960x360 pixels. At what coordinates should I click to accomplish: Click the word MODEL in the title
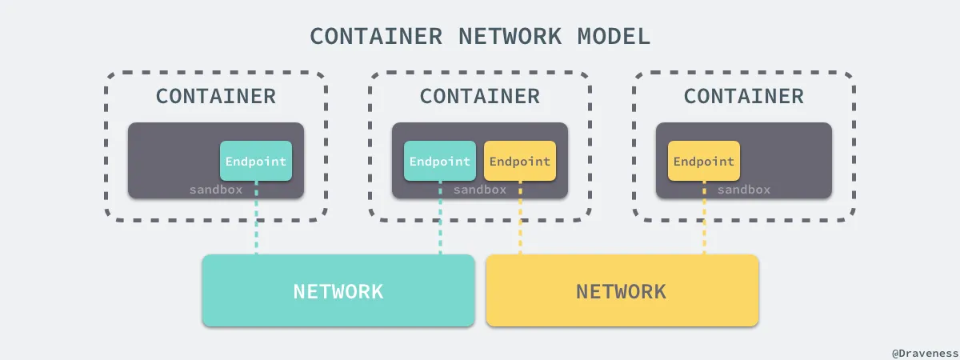pyautogui.click(x=614, y=37)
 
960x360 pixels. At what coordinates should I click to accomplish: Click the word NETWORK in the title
pyautogui.click(x=510, y=37)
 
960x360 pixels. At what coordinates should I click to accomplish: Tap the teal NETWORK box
pyautogui.click(x=338, y=290)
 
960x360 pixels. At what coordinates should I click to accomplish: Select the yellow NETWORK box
pyautogui.click(x=622, y=290)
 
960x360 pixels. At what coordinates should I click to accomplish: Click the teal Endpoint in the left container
pyautogui.click(x=256, y=161)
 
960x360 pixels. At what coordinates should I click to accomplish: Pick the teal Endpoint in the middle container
pyautogui.click(x=440, y=161)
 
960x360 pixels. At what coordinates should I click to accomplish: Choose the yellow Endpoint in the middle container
pyautogui.click(x=520, y=161)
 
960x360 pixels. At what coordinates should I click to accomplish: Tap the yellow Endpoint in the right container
pyautogui.click(x=704, y=161)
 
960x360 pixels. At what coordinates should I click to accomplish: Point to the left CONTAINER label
pyautogui.click(x=216, y=97)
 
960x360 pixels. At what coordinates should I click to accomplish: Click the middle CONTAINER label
pyautogui.click(x=480, y=97)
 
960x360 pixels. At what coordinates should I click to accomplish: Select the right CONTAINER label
pyautogui.click(x=744, y=97)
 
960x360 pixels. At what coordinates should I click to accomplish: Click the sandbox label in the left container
pyautogui.click(x=216, y=190)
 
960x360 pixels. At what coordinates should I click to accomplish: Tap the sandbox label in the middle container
pyautogui.click(x=480, y=190)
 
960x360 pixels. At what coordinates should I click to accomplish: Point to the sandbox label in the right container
pyautogui.click(x=744, y=190)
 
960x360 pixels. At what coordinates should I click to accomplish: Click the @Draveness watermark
pyautogui.click(x=926, y=354)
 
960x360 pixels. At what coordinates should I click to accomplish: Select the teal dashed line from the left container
pyautogui.click(x=256, y=218)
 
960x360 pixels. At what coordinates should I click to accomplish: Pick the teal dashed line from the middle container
pyautogui.click(x=440, y=218)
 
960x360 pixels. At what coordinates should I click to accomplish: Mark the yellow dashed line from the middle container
pyautogui.click(x=520, y=218)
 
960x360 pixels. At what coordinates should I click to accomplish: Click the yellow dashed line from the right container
pyautogui.click(x=704, y=218)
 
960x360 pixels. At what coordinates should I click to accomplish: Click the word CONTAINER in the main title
pyautogui.click(x=376, y=37)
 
